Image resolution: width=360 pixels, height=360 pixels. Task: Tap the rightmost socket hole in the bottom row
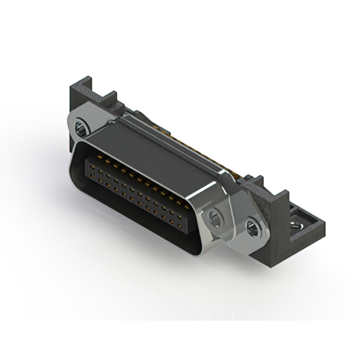click(x=181, y=215)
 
